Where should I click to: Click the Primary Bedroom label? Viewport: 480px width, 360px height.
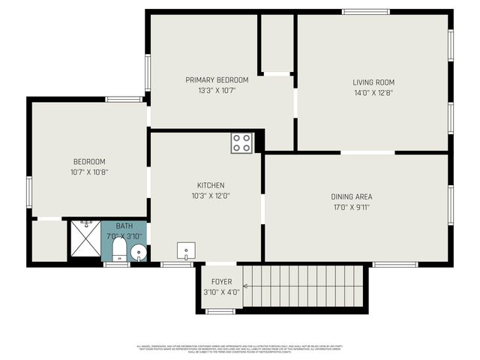click(x=217, y=79)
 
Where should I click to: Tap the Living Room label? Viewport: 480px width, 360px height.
click(x=373, y=82)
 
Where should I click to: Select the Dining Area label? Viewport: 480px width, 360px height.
click(x=352, y=196)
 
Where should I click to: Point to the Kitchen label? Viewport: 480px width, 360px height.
click(x=211, y=185)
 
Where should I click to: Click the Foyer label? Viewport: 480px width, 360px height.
click(x=221, y=282)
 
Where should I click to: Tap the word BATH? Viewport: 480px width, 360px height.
click(x=124, y=226)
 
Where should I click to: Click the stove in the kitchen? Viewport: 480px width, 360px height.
click(x=241, y=142)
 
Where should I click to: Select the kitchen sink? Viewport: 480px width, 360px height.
click(x=185, y=250)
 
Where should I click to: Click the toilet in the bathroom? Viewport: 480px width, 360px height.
click(x=119, y=250)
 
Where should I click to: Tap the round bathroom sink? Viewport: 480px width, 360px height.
click(x=138, y=253)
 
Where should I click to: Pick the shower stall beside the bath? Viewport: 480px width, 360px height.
click(x=85, y=240)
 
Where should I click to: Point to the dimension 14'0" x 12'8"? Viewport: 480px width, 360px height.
click(x=373, y=93)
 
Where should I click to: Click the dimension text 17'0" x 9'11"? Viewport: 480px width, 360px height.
click(x=352, y=207)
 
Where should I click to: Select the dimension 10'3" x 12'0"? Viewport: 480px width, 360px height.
click(x=211, y=196)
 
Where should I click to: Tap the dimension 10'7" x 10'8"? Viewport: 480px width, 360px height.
click(x=89, y=172)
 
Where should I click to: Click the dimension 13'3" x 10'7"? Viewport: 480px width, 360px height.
click(x=217, y=90)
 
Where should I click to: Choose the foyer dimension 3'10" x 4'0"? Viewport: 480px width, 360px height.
click(x=221, y=292)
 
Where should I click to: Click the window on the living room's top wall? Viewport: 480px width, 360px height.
click(x=366, y=11)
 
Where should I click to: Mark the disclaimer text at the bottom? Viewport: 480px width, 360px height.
click(x=240, y=348)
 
